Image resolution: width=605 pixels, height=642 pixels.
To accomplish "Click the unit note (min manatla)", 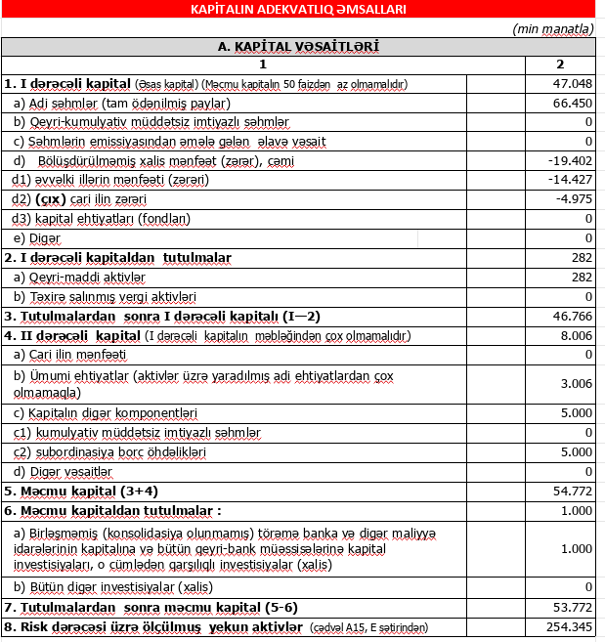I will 552,28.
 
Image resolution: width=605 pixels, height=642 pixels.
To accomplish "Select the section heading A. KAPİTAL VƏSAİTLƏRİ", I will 298,46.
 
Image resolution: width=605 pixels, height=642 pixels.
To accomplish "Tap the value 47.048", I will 572,83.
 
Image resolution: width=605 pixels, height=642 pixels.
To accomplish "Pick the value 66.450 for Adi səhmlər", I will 572,103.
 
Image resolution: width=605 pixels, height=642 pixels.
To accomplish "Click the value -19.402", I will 571,161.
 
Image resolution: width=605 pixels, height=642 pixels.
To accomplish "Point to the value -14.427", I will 571,180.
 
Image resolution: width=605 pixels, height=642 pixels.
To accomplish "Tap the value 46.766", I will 572,317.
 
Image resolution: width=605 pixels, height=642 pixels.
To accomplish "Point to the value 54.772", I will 572,491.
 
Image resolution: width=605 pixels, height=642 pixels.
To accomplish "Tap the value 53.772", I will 572,608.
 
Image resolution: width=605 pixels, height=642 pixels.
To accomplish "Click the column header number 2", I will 560,64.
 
